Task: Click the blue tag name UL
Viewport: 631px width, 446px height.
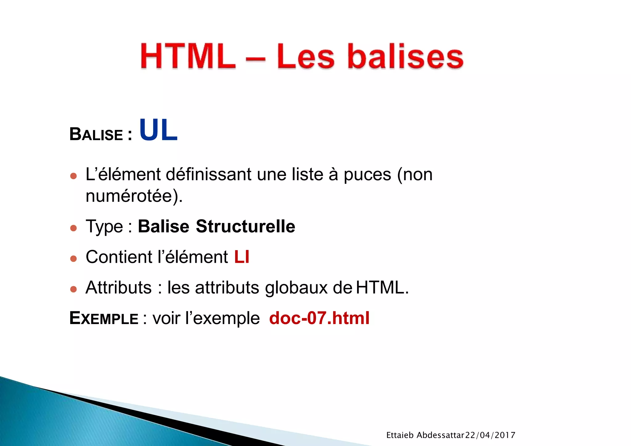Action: pos(158,130)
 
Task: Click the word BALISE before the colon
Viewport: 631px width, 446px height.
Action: pos(96,135)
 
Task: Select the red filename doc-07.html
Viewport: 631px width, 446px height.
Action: pos(319,318)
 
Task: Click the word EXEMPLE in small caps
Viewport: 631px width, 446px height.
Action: pos(104,318)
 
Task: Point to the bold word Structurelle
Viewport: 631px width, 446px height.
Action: pos(245,226)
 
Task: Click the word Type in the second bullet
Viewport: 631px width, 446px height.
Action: pos(104,227)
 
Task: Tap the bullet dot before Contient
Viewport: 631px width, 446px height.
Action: pos(73,258)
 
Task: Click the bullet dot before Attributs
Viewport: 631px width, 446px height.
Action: pos(73,289)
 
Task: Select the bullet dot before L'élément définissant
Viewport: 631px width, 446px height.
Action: pos(73,176)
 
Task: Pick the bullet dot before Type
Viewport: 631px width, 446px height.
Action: pos(73,228)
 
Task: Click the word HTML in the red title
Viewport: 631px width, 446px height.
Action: pos(188,57)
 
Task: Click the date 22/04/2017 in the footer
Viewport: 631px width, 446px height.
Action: pos(490,435)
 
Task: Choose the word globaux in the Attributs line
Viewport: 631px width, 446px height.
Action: pos(296,288)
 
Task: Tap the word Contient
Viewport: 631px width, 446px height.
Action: pos(119,257)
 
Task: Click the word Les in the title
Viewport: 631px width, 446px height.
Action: pos(305,57)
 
